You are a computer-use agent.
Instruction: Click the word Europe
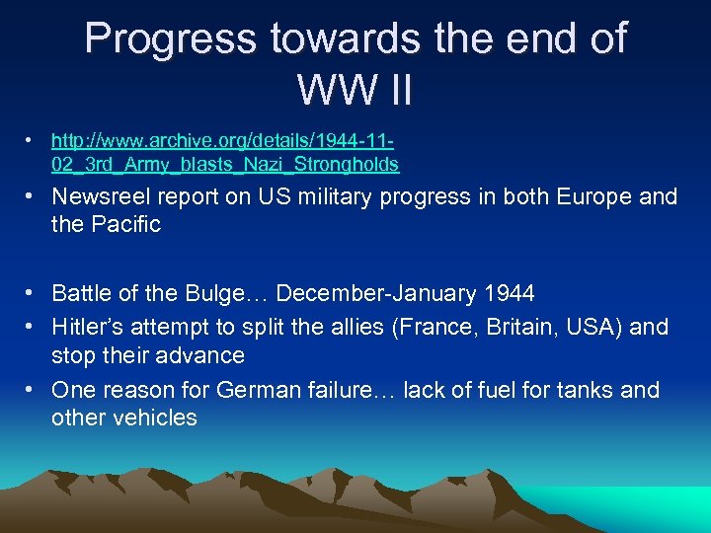pyautogui.click(x=587, y=197)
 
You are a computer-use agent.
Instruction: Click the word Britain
pyautogui.click(x=497, y=327)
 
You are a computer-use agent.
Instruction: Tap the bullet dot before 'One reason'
pyautogui.click(x=33, y=390)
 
